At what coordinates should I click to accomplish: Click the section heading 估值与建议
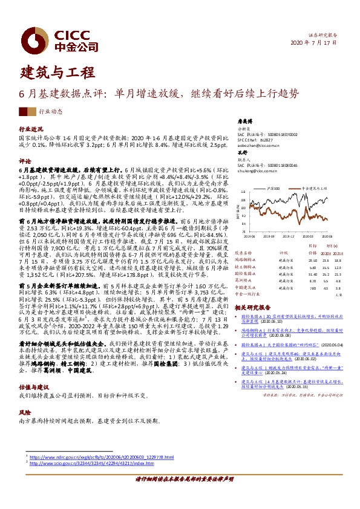coord(34,386)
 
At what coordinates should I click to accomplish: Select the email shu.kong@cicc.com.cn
coord(257,171)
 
